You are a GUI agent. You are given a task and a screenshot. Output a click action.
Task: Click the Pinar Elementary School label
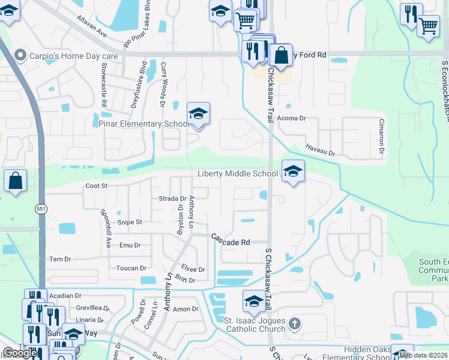pyautogui.click(x=144, y=124)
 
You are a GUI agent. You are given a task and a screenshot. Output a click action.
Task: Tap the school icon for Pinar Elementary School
pyautogui.click(x=198, y=113)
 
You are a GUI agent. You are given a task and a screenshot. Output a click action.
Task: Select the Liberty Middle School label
pyautogui.click(x=238, y=174)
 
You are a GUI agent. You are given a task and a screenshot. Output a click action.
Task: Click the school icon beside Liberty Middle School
pyautogui.click(x=293, y=172)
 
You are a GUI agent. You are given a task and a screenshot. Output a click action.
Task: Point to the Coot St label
pyautogui.click(x=96, y=186)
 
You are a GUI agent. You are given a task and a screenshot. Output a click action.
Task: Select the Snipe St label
pyautogui.click(x=130, y=222)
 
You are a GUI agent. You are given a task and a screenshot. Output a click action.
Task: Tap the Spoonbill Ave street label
pyautogui.click(x=105, y=221)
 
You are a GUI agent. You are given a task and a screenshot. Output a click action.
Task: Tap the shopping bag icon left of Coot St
pyautogui.click(x=15, y=180)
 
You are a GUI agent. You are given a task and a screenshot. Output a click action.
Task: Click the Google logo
pyautogui.click(x=20, y=353)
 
